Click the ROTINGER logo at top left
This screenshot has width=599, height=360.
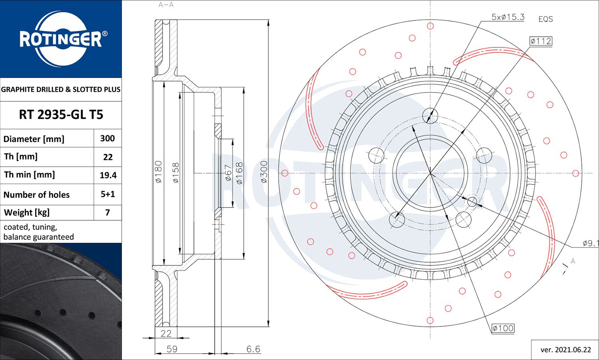point(61,39)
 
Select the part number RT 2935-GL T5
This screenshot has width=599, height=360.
point(61,115)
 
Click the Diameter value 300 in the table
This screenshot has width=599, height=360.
point(107,138)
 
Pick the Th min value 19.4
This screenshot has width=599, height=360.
point(108,175)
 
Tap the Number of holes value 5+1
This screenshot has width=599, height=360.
point(108,194)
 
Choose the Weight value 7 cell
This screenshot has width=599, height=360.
point(107,213)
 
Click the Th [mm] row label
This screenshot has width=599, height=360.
point(21,156)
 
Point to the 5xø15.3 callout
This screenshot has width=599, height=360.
point(508,17)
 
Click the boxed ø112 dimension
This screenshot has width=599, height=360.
point(541,41)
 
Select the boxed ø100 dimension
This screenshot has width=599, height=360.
point(503,328)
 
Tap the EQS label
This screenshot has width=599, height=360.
point(545,19)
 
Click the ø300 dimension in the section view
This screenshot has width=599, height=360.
point(264,172)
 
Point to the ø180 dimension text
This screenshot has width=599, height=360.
point(159,172)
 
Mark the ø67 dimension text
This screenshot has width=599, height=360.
point(228,173)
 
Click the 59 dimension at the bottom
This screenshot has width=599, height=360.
point(172,349)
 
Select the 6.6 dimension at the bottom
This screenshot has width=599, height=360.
point(253,349)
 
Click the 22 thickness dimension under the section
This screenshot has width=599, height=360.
point(166,333)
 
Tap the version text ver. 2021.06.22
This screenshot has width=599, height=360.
point(565,350)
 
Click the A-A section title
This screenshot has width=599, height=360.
point(166,5)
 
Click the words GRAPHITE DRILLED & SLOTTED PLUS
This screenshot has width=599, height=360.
point(61,89)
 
